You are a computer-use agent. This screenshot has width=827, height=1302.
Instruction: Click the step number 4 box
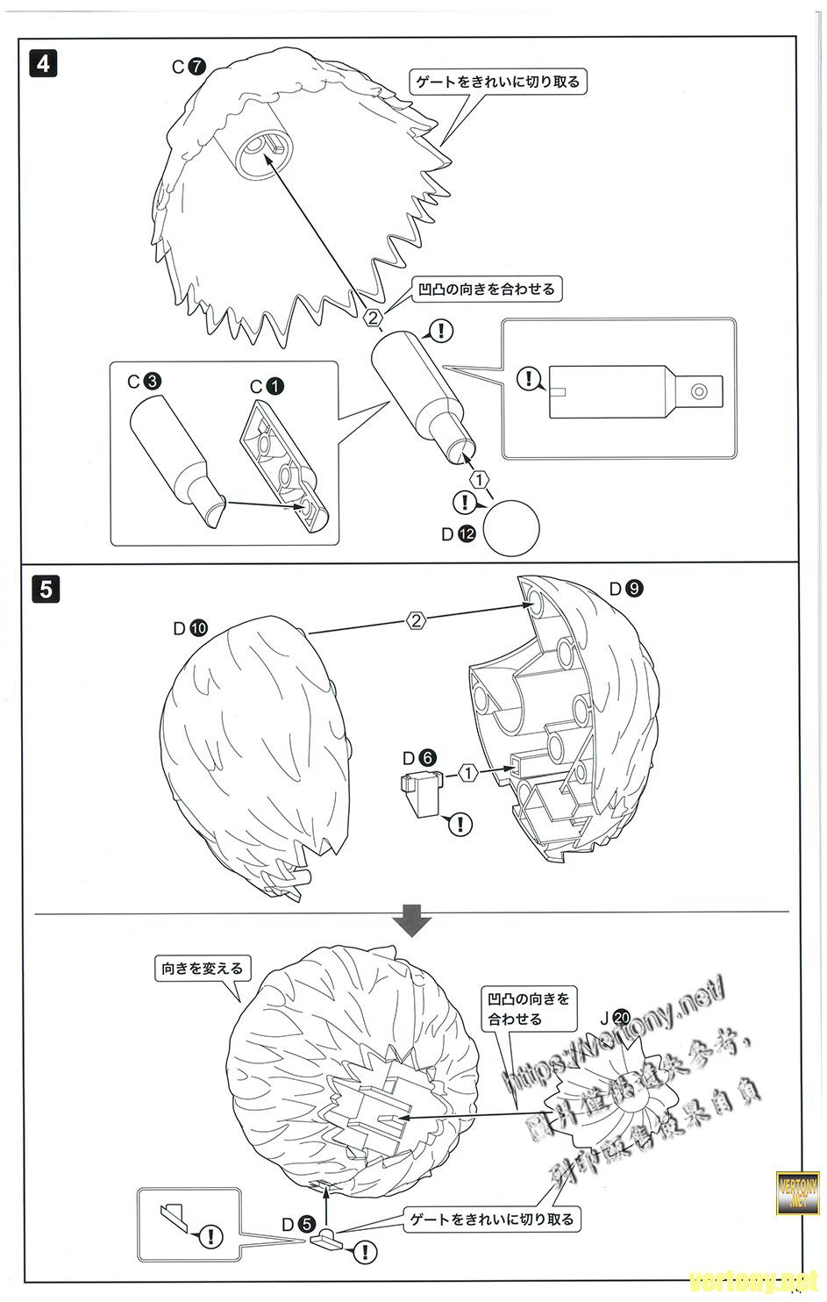point(44,63)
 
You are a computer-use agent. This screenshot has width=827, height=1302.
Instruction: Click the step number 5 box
point(44,587)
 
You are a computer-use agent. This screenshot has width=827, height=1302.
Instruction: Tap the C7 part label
point(188,66)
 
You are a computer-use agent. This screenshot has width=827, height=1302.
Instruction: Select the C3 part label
point(144,383)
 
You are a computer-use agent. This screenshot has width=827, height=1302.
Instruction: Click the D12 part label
point(459,533)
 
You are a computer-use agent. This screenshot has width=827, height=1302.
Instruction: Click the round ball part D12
point(512,527)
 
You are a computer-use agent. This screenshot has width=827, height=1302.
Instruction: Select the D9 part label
point(626,589)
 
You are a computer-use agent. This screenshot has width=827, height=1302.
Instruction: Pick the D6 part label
point(418,757)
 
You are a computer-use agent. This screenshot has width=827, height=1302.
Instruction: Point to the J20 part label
point(614,1019)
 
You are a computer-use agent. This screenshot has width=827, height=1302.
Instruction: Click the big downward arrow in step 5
point(411,922)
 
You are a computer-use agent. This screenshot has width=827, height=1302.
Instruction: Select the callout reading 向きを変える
point(201,969)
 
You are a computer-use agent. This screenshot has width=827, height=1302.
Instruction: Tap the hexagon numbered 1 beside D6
point(468,773)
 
